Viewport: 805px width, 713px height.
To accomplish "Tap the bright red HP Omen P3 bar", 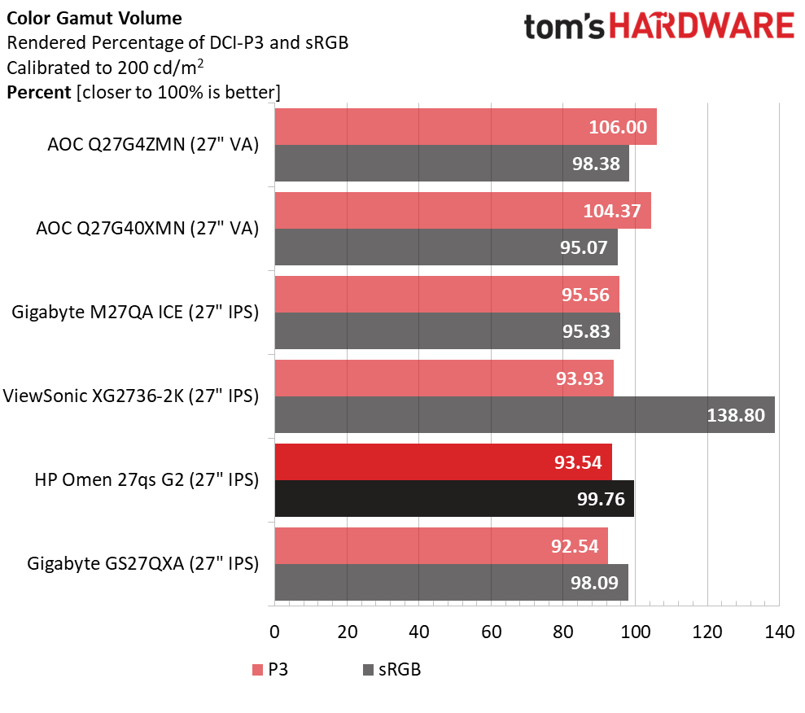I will [443, 461].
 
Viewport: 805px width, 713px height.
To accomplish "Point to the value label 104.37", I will [612, 210].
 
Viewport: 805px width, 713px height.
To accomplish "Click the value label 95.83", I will [586, 330].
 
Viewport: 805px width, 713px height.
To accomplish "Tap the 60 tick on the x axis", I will [491, 631].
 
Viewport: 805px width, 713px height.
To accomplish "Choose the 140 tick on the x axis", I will [779, 631].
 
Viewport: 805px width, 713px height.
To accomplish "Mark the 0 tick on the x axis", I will [274, 631].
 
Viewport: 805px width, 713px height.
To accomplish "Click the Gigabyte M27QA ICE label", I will [135, 313].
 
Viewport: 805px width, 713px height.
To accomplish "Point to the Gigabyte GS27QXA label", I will [142, 563].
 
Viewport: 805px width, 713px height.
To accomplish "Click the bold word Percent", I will [38, 92].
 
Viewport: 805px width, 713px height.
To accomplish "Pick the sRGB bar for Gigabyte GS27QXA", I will [451, 582].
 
